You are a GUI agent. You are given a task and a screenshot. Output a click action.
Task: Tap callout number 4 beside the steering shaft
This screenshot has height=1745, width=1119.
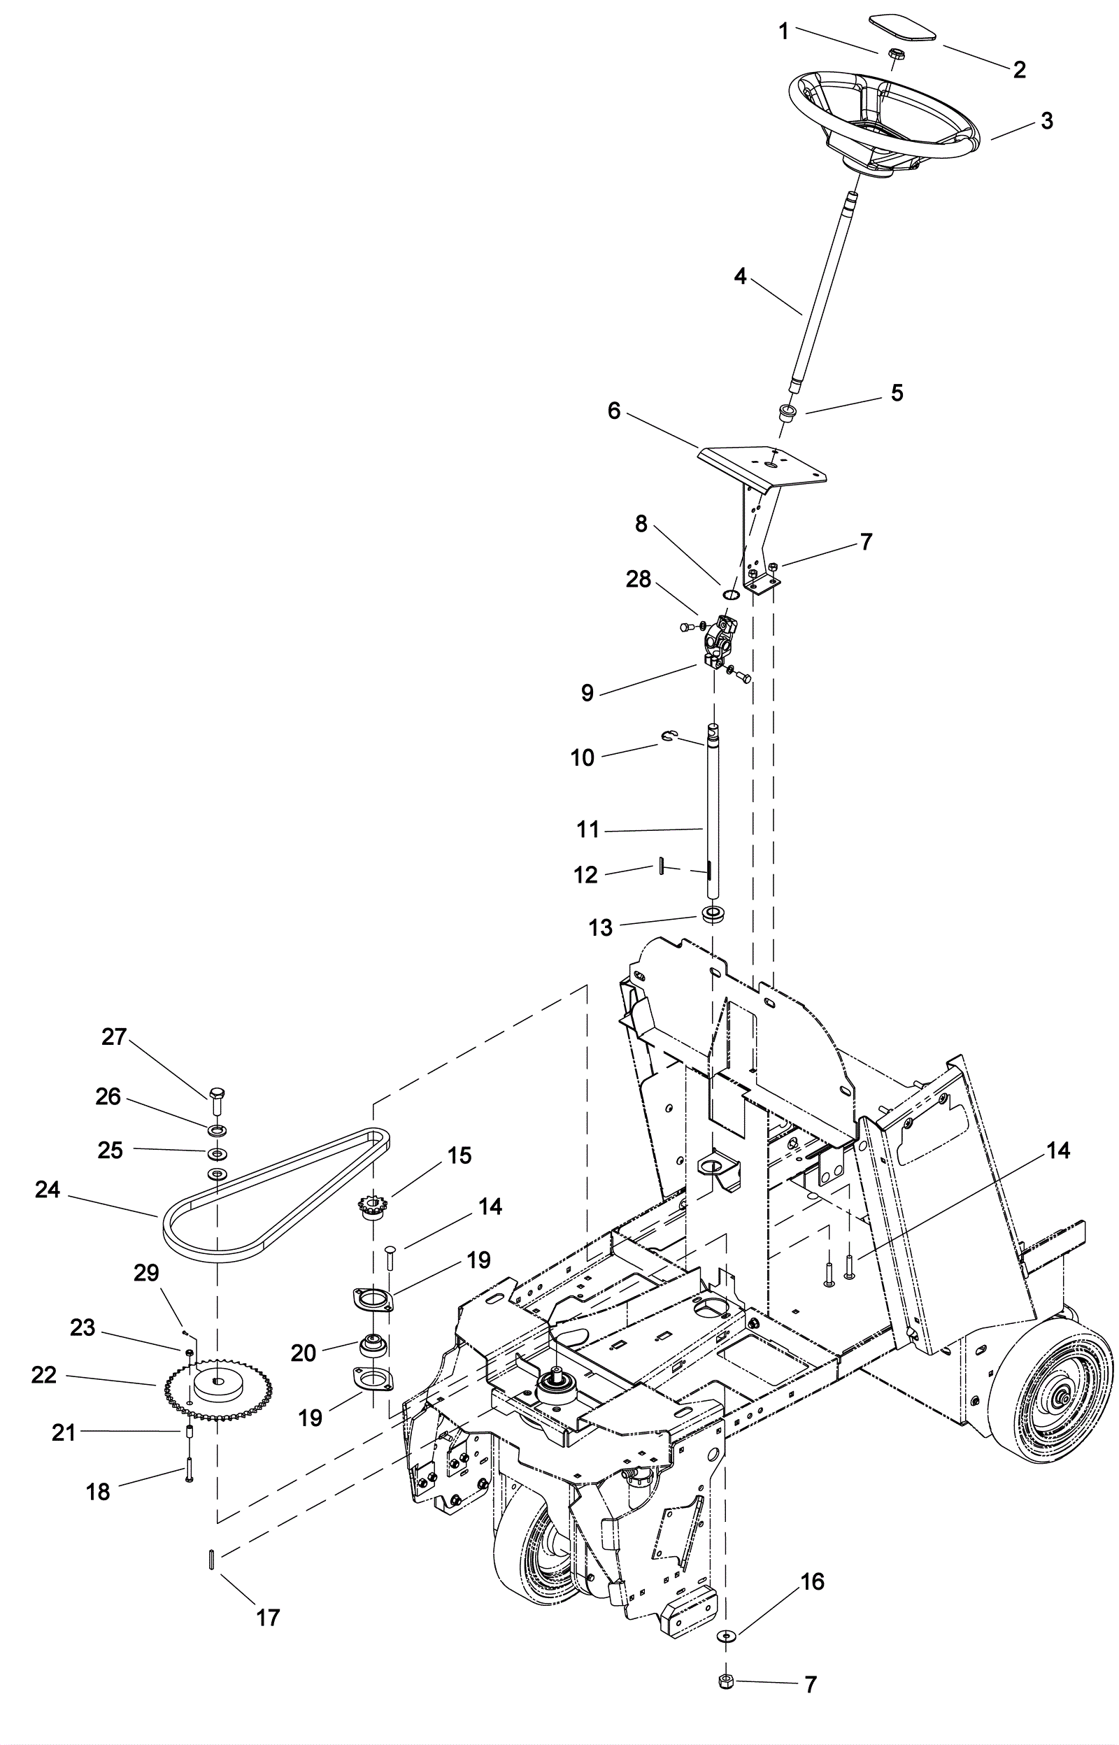[x=740, y=277]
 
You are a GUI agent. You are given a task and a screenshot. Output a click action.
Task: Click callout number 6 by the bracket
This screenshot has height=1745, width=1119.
[x=614, y=411]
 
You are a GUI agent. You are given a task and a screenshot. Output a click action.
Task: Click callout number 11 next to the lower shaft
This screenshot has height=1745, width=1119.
[x=588, y=829]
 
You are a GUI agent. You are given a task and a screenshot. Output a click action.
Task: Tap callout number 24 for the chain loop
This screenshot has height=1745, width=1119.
[x=48, y=1190]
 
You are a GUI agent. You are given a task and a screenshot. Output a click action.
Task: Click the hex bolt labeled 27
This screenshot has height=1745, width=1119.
[x=218, y=1098]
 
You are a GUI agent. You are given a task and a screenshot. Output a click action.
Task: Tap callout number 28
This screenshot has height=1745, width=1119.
[x=639, y=579]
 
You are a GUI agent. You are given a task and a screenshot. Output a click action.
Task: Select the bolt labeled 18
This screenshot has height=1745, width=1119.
[x=189, y=1470]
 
